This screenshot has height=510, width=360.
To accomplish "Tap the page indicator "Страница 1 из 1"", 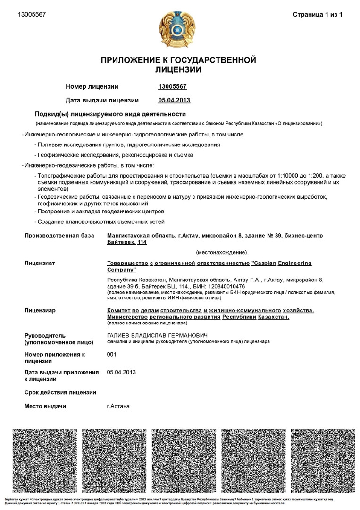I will click(x=318, y=15).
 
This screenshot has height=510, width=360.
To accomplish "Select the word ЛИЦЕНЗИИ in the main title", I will click(x=178, y=70).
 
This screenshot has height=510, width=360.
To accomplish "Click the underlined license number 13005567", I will click(x=173, y=86).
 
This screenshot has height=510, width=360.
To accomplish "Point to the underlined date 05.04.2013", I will click(x=174, y=100).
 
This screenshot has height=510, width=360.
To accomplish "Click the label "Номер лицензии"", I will click(x=92, y=86).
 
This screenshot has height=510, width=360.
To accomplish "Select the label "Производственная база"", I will click(x=59, y=235).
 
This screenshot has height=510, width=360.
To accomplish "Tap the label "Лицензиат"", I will click(x=40, y=263).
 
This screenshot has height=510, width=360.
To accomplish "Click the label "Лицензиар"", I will click(x=40, y=310).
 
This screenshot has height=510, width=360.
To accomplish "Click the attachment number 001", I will click(x=112, y=354).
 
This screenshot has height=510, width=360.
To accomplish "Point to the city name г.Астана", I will click(x=118, y=406).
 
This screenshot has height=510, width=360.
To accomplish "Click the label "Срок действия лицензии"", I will click(x=60, y=392).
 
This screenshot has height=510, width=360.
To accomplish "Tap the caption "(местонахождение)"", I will click(x=221, y=252).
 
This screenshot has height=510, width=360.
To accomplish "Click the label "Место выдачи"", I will click(x=45, y=406).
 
